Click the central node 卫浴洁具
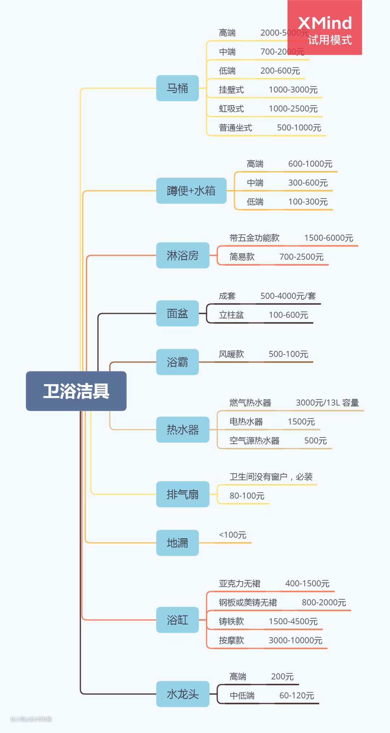(76, 391)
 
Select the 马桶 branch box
(177, 88)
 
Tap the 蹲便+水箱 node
(191, 190)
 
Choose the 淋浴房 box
(183, 256)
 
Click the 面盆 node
(177, 313)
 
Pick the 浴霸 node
(177, 362)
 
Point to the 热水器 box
(183, 430)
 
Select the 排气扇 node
(183, 494)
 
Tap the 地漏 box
(177, 543)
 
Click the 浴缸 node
(177, 620)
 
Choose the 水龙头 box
(183, 694)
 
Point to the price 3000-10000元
(295, 640)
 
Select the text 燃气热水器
(250, 403)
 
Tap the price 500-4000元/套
(288, 296)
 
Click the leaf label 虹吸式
(231, 109)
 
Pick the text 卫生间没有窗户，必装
(271, 477)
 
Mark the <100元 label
(233, 535)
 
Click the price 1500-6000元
(329, 238)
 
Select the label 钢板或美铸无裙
(248, 603)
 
